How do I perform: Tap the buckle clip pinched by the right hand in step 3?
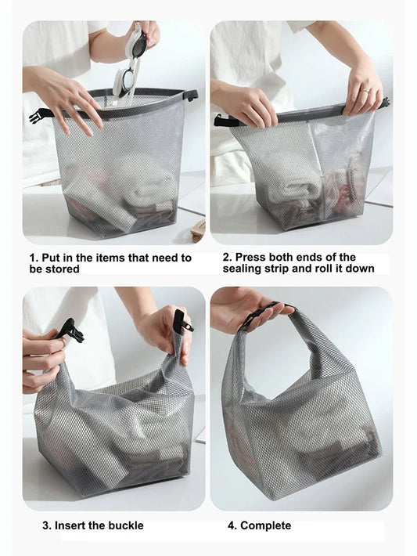[x=181, y=321]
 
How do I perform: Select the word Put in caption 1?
[x=52, y=258]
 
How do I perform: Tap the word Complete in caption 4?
[x=265, y=525]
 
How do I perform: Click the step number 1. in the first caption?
[x=34, y=258]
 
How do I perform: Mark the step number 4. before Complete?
[x=232, y=525]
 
